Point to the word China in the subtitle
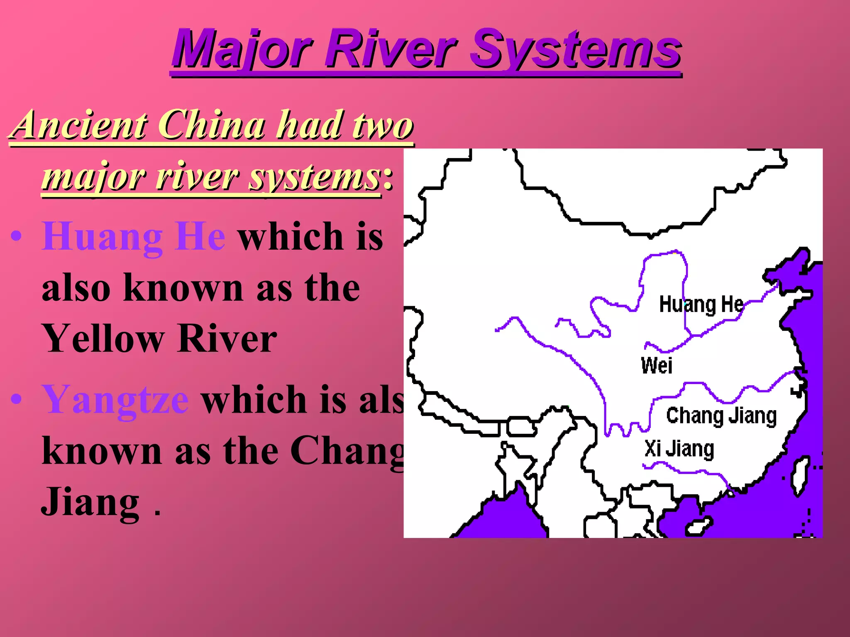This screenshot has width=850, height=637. pyautogui.click(x=212, y=124)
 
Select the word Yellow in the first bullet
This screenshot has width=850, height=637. pyautogui.click(x=104, y=338)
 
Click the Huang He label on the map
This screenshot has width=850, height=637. pyautogui.click(x=701, y=304)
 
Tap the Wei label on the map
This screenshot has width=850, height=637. pyautogui.click(x=656, y=365)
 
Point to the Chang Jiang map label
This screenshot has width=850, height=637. pyautogui.click(x=721, y=416)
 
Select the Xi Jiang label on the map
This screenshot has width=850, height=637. pyautogui.click(x=679, y=449)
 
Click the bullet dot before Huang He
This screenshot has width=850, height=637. pyautogui.click(x=16, y=236)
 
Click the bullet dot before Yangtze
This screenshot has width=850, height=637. pyautogui.click(x=16, y=399)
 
